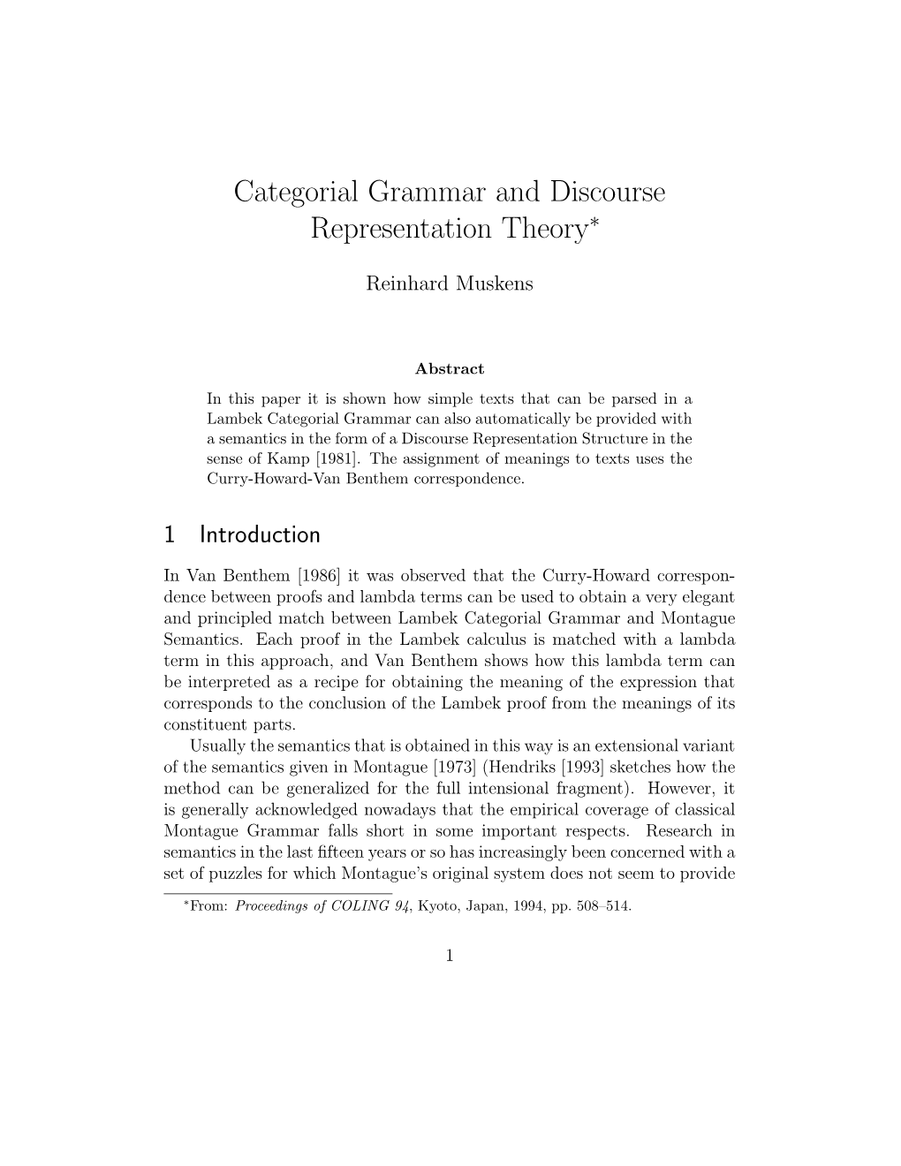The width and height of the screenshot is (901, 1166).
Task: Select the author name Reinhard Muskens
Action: [450, 284]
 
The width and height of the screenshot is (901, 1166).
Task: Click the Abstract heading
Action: [450, 369]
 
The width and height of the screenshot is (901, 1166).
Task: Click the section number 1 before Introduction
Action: [170, 535]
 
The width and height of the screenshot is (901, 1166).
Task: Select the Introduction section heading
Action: [260, 535]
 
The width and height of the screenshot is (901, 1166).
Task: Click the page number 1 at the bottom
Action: [450, 955]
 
